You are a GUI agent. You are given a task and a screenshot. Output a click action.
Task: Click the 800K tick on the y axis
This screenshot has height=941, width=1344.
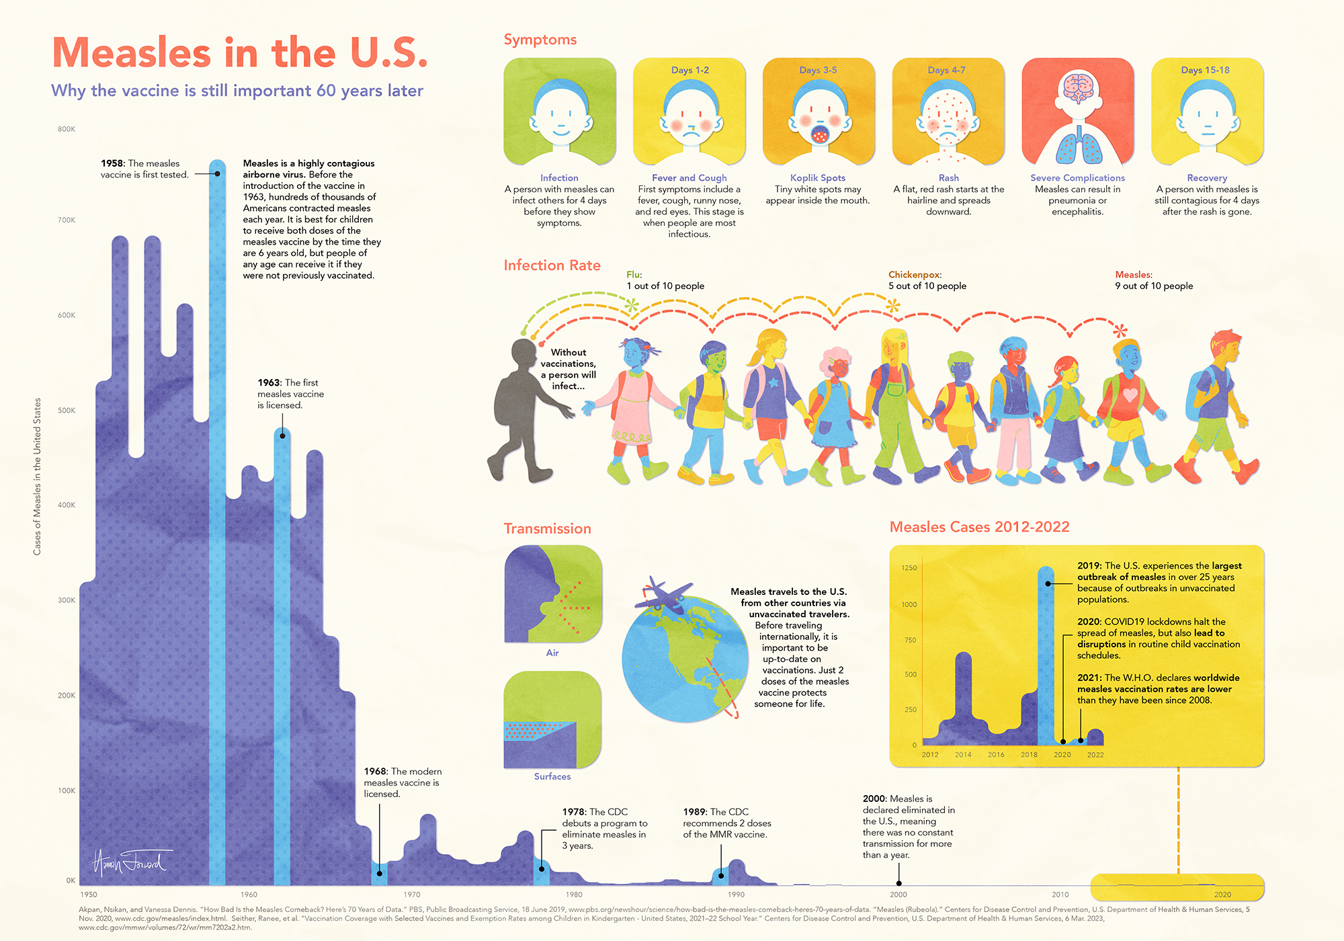click(x=67, y=129)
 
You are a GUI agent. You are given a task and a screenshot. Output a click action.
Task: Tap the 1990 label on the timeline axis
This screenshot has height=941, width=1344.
click(x=736, y=895)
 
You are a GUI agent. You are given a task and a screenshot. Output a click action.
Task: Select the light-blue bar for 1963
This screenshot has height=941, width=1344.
click(x=282, y=639)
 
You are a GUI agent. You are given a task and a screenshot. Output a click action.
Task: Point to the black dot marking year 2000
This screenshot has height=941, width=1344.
click(x=898, y=883)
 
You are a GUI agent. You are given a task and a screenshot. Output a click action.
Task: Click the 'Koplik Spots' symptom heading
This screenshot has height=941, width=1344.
click(x=817, y=177)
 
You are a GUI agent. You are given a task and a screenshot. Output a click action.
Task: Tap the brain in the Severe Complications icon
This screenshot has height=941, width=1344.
click(x=1078, y=87)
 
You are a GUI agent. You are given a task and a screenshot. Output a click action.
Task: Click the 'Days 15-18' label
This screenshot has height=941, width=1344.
click(x=1205, y=70)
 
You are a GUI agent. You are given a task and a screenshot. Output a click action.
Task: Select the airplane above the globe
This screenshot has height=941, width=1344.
click(x=663, y=594)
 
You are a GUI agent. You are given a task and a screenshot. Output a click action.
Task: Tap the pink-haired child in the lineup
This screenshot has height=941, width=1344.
click(x=834, y=410)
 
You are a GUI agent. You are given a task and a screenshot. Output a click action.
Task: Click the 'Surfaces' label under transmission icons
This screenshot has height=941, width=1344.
click(x=552, y=776)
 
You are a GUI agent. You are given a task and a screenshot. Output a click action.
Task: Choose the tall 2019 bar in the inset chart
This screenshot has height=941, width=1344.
click(x=1046, y=659)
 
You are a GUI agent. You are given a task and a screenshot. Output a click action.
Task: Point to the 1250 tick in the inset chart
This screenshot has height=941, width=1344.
click(x=909, y=568)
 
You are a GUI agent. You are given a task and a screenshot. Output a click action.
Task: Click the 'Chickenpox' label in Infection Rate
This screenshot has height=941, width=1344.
click(x=914, y=274)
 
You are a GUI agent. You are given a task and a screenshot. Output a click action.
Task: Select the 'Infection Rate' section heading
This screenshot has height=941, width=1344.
click(x=552, y=265)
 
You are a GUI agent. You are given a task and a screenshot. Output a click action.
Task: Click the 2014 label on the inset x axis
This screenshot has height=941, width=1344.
click(x=963, y=755)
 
